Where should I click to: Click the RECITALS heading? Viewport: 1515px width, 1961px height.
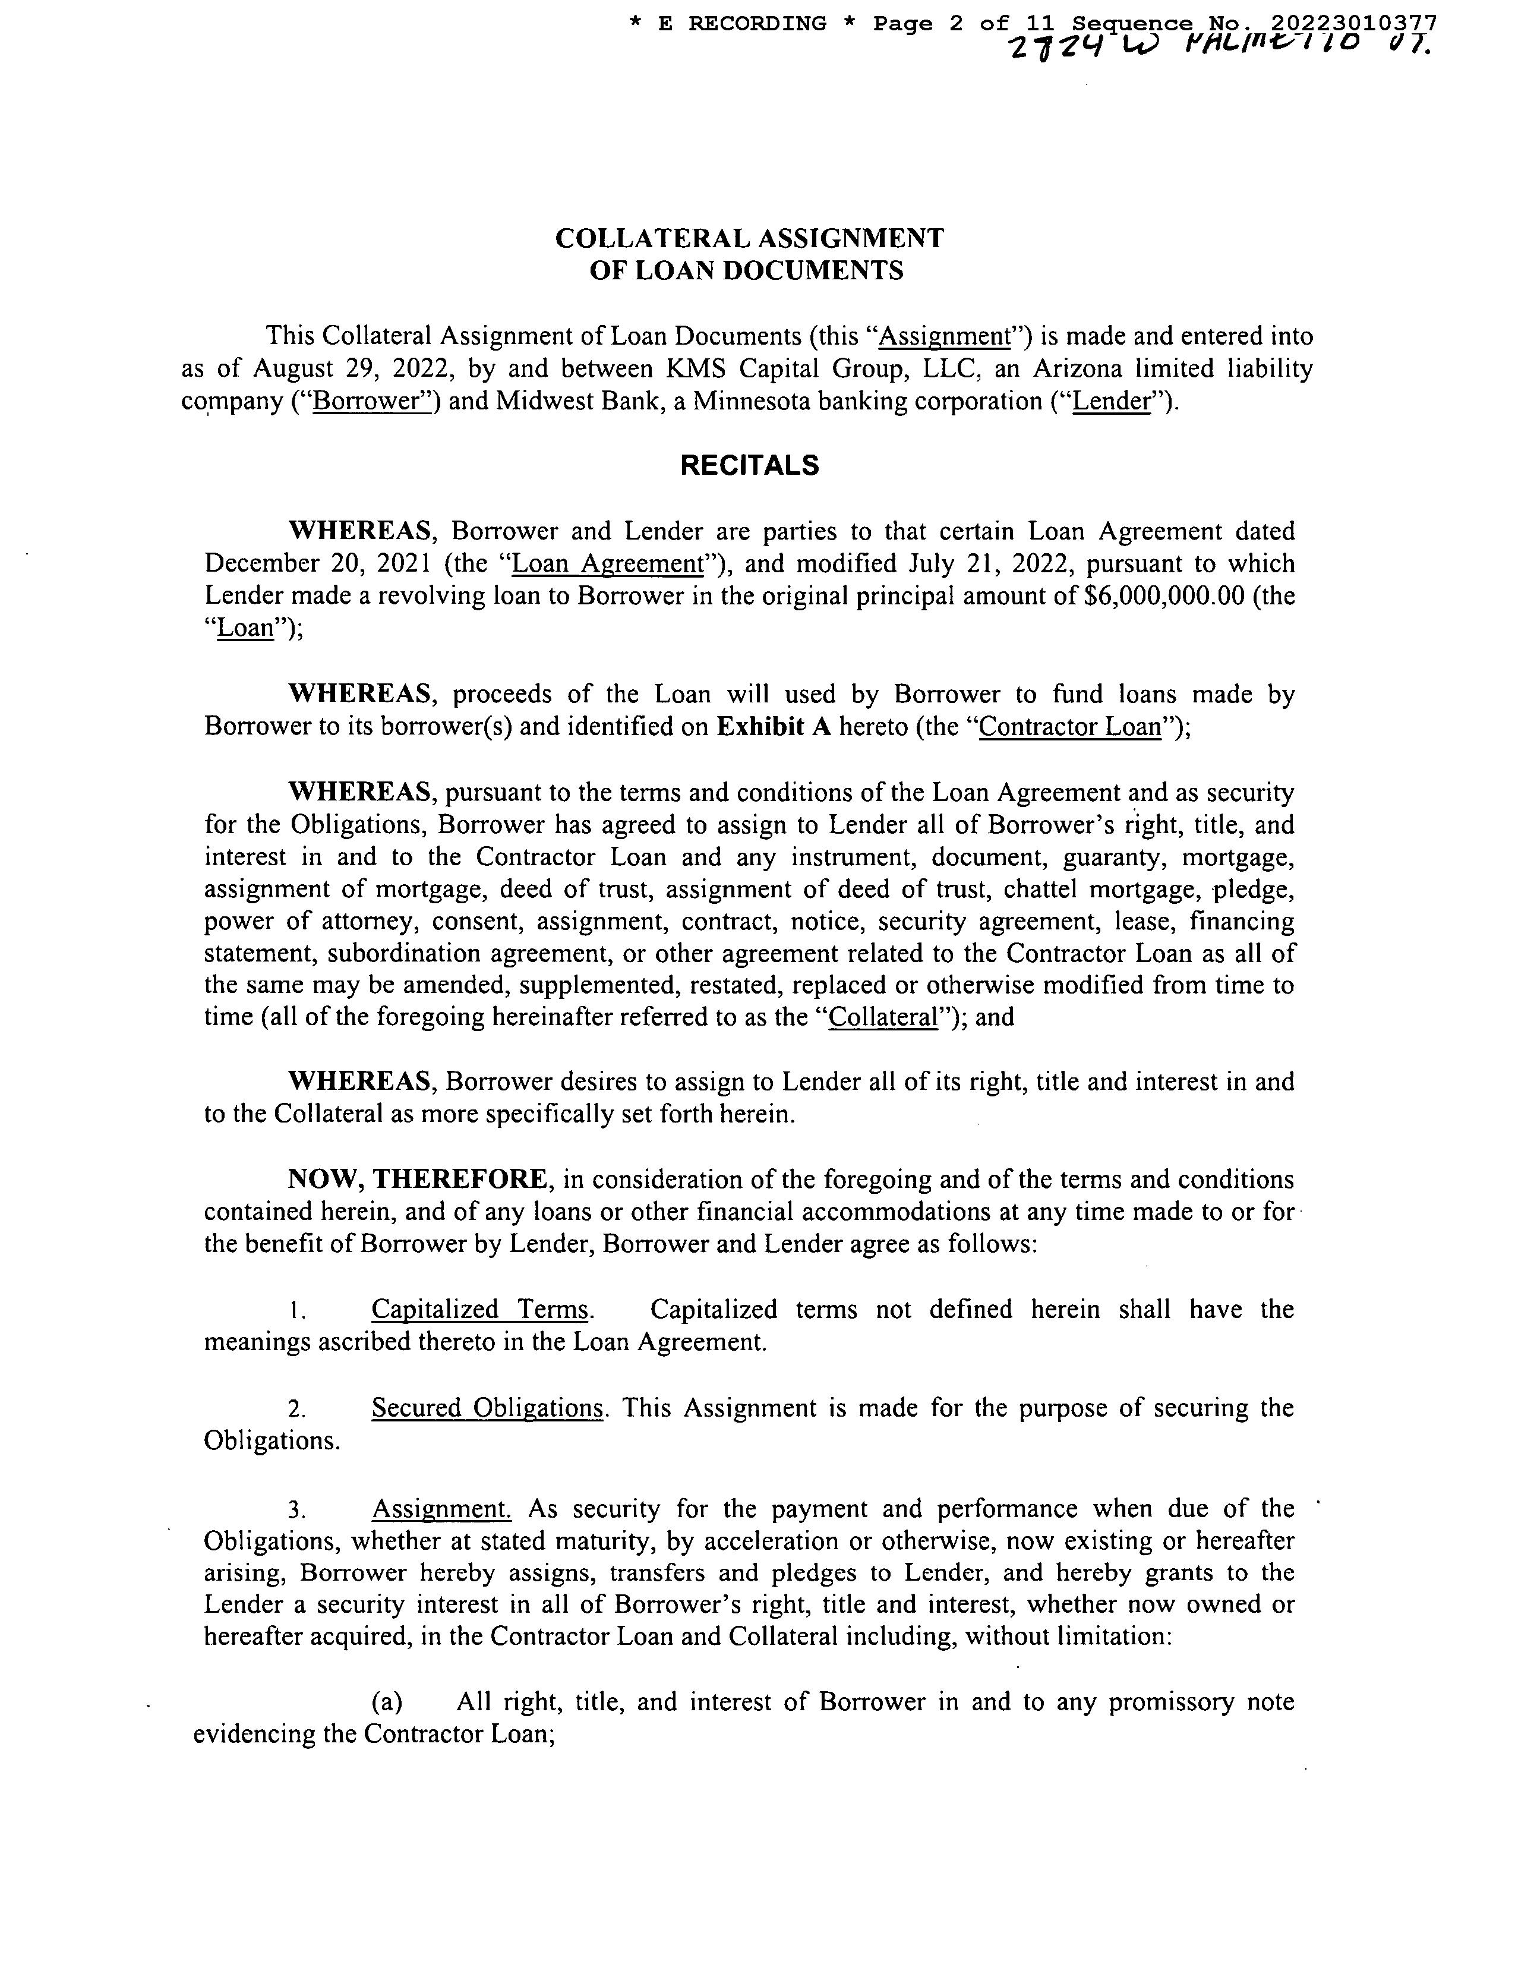click(749, 465)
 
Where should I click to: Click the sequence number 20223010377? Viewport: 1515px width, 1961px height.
click(1353, 23)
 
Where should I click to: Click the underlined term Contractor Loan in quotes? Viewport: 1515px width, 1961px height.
click(1070, 726)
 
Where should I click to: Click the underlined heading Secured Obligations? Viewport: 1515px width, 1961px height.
click(487, 1407)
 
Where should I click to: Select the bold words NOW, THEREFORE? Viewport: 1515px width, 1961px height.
click(415, 1179)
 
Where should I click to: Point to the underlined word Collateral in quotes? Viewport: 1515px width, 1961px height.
click(883, 1017)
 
